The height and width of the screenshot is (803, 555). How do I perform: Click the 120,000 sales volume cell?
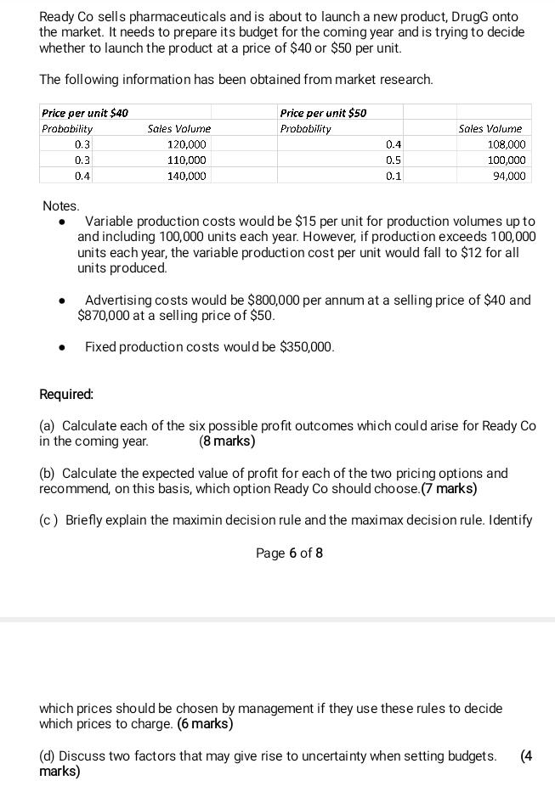(x=187, y=144)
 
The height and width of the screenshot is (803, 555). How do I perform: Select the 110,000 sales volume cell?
(x=187, y=160)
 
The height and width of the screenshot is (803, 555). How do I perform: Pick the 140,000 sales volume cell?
(x=187, y=176)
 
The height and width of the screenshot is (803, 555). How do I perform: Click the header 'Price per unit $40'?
(x=85, y=113)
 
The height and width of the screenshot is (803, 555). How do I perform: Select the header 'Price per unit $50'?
(x=323, y=113)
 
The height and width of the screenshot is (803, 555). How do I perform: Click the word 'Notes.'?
(x=60, y=206)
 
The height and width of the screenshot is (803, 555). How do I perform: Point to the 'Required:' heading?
(x=66, y=394)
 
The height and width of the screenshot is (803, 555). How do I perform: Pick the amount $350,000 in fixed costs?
(x=307, y=346)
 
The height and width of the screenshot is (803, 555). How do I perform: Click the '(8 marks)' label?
(x=227, y=441)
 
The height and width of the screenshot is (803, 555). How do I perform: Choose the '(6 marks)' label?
(x=205, y=723)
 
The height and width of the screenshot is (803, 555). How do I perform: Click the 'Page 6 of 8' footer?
(x=289, y=553)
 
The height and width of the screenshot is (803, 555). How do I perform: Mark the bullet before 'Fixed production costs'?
(x=62, y=347)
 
